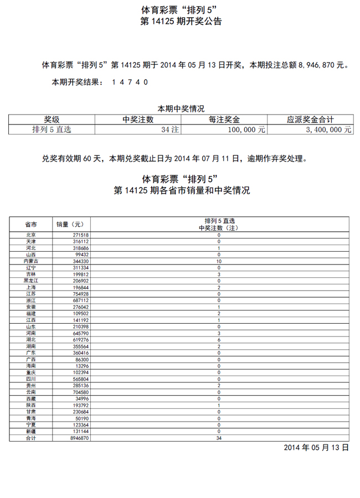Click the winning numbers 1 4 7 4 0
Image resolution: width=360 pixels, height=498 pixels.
pos(130,82)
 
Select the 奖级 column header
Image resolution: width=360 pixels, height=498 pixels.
pos(52,120)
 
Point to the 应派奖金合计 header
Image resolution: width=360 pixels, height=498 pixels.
pos(310,120)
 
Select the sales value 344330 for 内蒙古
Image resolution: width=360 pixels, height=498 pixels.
pos(79,261)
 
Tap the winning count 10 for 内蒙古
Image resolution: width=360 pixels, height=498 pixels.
pos(219,261)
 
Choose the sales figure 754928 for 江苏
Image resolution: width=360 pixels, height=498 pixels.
pos(79,294)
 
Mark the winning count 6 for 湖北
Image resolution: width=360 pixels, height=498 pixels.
pos(219,340)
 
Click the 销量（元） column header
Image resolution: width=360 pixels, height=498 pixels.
pos(70,224)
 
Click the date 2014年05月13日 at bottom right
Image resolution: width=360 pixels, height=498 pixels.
pos(316,447)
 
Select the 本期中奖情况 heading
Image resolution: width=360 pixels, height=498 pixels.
pos(181,109)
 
